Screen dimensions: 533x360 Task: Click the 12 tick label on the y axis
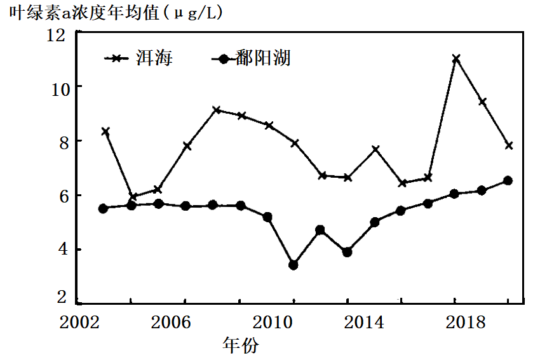point(55,35)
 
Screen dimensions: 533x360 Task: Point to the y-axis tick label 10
point(60,90)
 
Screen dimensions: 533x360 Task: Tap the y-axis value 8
point(64,143)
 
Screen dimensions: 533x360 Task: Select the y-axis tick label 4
point(64,250)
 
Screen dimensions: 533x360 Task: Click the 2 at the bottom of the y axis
point(62,297)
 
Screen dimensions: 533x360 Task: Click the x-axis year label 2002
point(79,322)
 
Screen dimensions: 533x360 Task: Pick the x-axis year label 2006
point(171,322)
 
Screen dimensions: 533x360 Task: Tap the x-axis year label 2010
point(273,322)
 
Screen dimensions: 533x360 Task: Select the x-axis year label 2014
point(364,322)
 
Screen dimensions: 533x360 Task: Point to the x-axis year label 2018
point(466,322)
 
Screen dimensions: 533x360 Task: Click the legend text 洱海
point(154,58)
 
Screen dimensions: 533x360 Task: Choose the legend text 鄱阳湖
point(263,58)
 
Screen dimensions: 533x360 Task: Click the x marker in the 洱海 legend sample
point(116,58)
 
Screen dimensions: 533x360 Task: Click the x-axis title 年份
point(241,345)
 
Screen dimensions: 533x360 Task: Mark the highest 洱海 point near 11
point(456,59)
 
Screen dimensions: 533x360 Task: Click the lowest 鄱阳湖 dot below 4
point(293,265)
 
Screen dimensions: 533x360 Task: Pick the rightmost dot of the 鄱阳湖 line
point(508,181)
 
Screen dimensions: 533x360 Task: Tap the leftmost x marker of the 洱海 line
point(105,131)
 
